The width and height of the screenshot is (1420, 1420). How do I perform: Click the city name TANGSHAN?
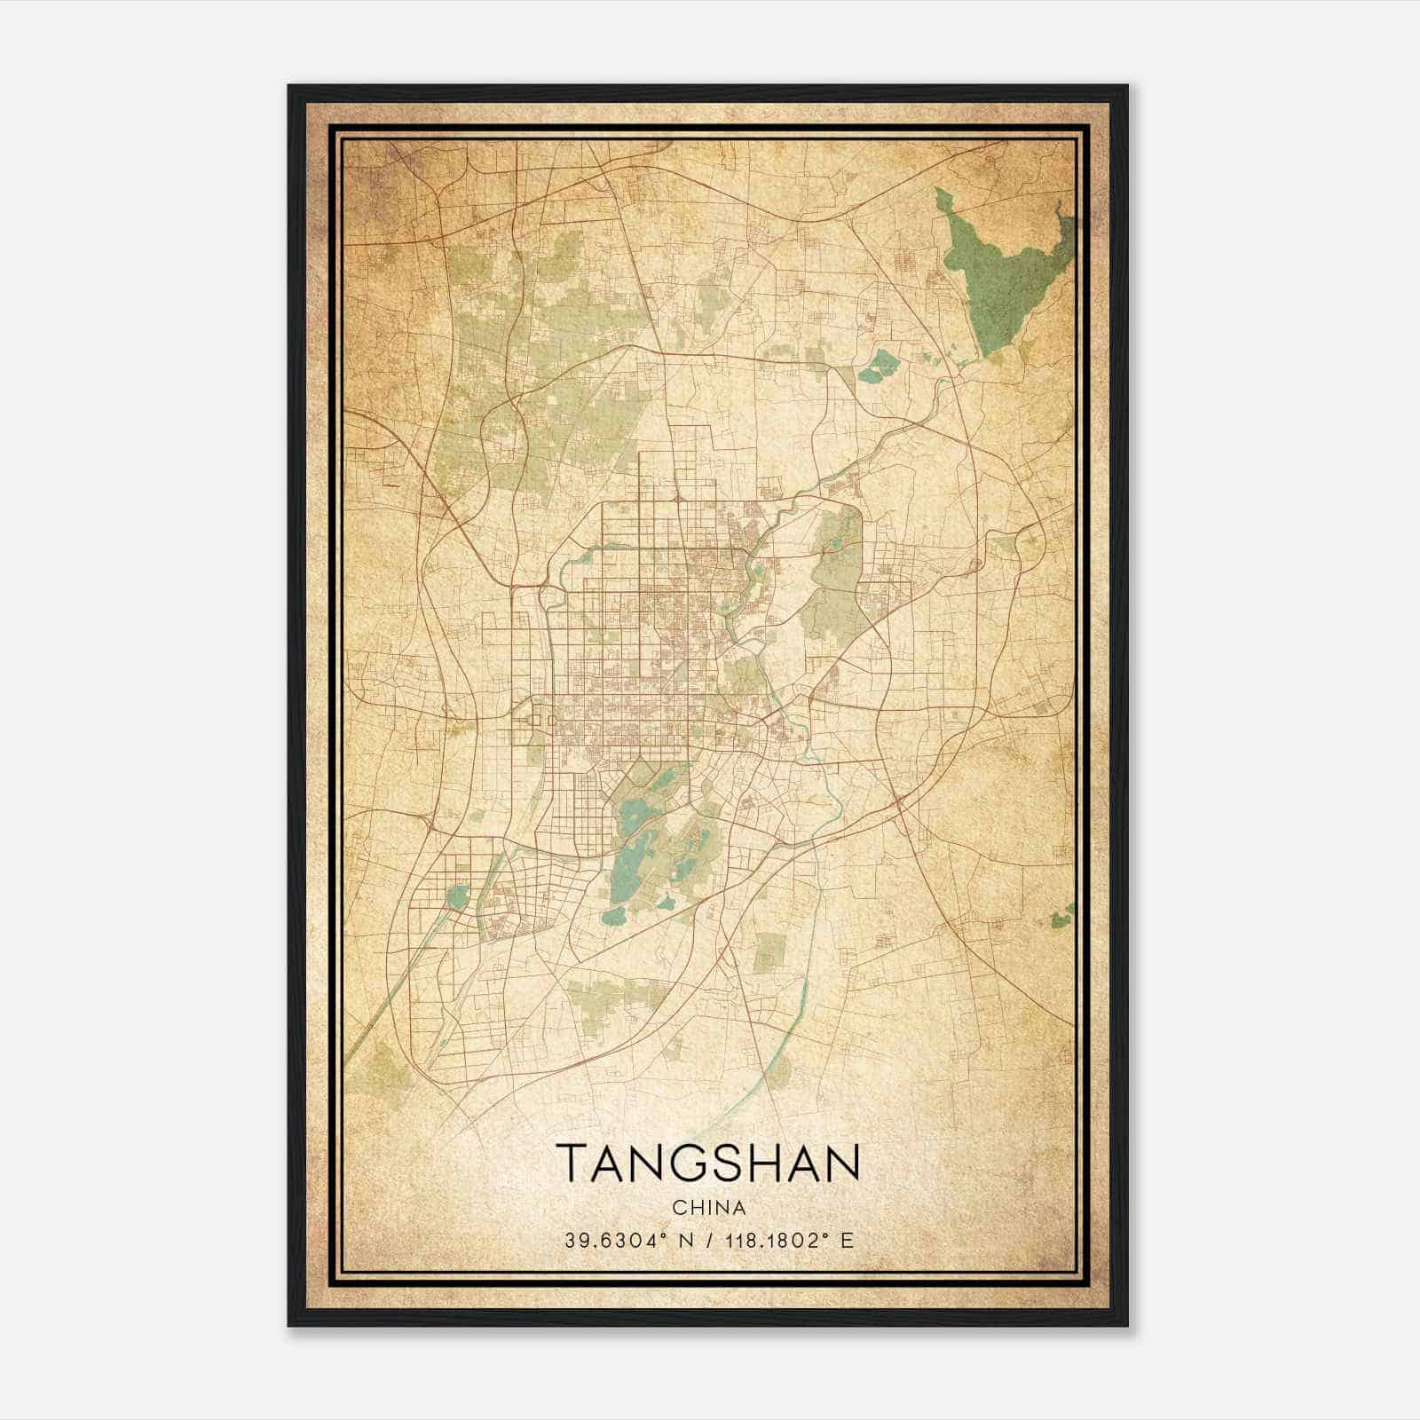click(708, 1163)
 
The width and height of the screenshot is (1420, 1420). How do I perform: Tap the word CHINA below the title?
click(708, 1208)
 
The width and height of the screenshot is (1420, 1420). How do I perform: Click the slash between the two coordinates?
click(709, 1241)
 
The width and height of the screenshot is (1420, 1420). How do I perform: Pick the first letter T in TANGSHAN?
click(571, 1163)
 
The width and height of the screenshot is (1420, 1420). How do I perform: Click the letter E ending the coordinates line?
click(847, 1241)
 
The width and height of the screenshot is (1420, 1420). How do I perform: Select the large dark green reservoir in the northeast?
click(1003, 275)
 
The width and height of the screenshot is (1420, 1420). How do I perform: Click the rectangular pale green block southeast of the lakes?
click(769, 951)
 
